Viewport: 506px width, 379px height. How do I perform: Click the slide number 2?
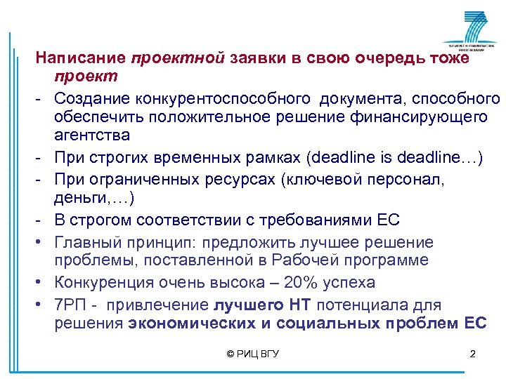(472, 354)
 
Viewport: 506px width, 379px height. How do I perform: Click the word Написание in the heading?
(79, 58)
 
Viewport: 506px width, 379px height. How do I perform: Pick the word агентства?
(89, 134)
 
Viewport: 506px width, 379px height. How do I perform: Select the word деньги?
(78, 199)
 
